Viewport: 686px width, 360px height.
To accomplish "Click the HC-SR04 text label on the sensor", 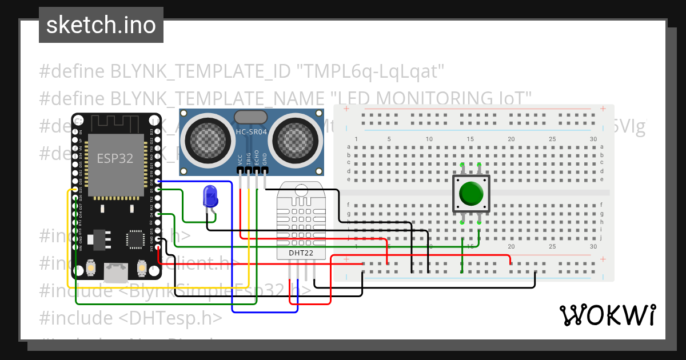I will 251,133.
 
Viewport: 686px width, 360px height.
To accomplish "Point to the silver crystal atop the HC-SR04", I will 250,117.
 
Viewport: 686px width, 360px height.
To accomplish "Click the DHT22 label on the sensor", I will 296,252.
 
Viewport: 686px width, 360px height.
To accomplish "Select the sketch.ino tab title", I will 101,25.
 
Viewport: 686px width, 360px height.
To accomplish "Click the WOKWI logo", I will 607,315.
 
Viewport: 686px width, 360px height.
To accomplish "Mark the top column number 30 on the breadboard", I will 593,139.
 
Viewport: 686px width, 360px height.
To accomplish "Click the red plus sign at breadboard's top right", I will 602,109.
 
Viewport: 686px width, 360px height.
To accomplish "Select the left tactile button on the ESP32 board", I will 91,267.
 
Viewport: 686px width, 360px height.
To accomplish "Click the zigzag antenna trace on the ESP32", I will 115,122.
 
